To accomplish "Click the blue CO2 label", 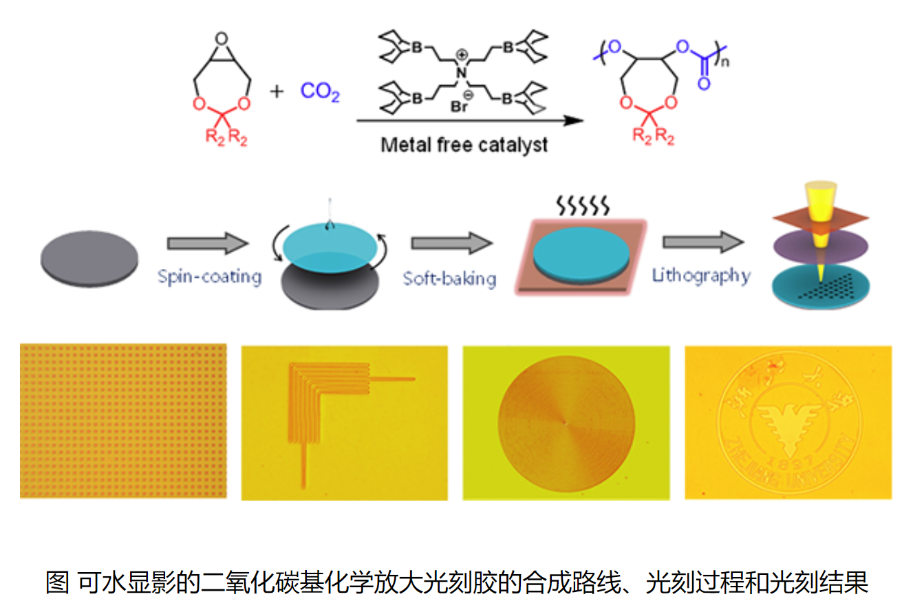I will (x=320, y=91).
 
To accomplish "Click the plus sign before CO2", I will (x=277, y=91).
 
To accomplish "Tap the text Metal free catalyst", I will (x=465, y=145).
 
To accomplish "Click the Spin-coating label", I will (x=209, y=276).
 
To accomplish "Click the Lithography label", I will (x=700, y=275).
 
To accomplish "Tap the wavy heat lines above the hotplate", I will (x=582, y=204).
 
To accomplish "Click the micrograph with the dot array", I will (x=123, y=421).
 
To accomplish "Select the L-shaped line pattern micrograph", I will (x=345, y=422).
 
